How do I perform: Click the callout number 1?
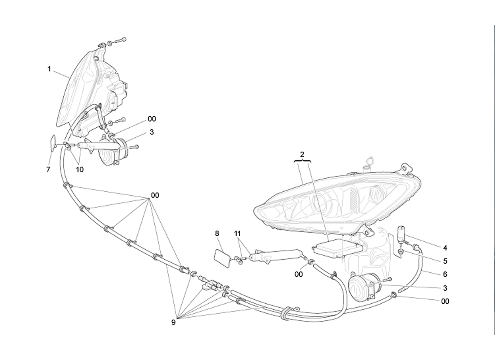(49, 69)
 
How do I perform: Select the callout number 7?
(48, 170)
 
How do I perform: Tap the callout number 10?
(80, 170)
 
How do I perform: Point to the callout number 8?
(217, 234)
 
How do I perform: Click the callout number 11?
(238, 234)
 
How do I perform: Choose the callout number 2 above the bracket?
(302, 154)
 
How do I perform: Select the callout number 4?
(445, 247)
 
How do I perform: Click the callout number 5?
(445, 261)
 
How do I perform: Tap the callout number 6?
(445, 274)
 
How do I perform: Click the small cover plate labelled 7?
(53, 143)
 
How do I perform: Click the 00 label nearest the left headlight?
(152, 119)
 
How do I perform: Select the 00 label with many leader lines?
(155, 195)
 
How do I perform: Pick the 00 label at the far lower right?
(445, 301)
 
